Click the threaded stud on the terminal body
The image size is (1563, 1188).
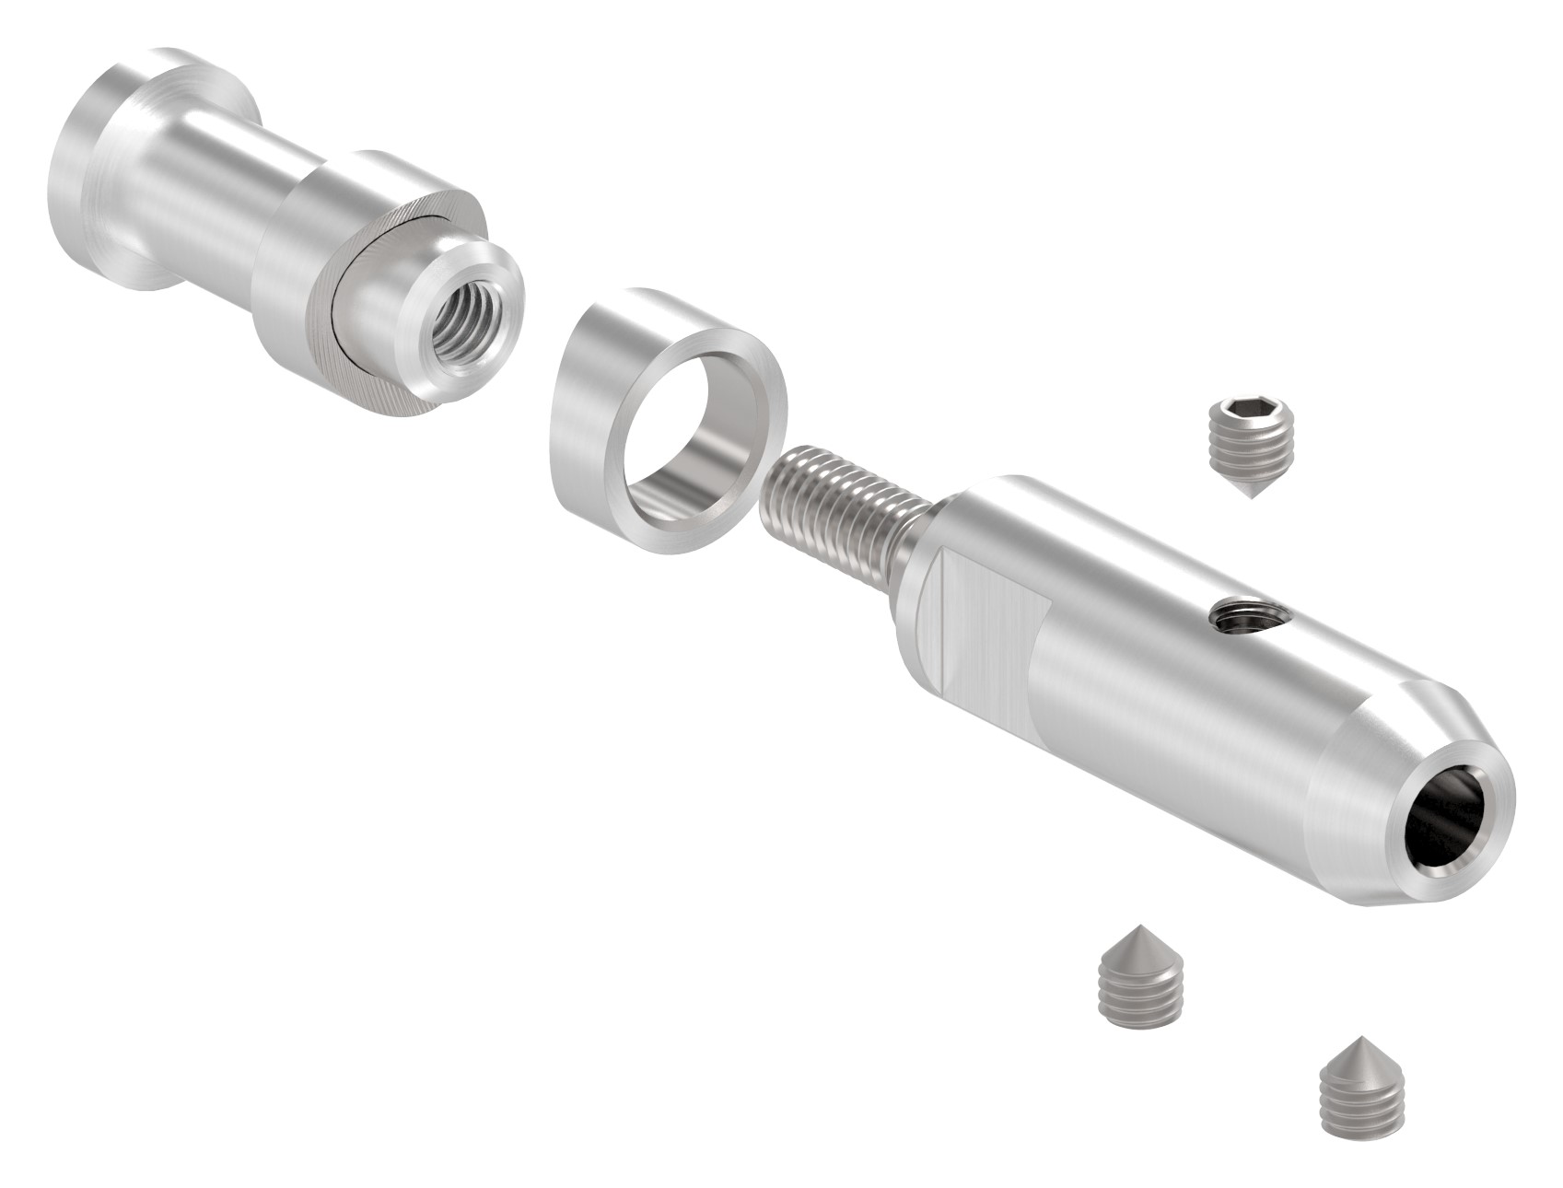838,497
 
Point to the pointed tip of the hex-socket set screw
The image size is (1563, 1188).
1252,497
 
